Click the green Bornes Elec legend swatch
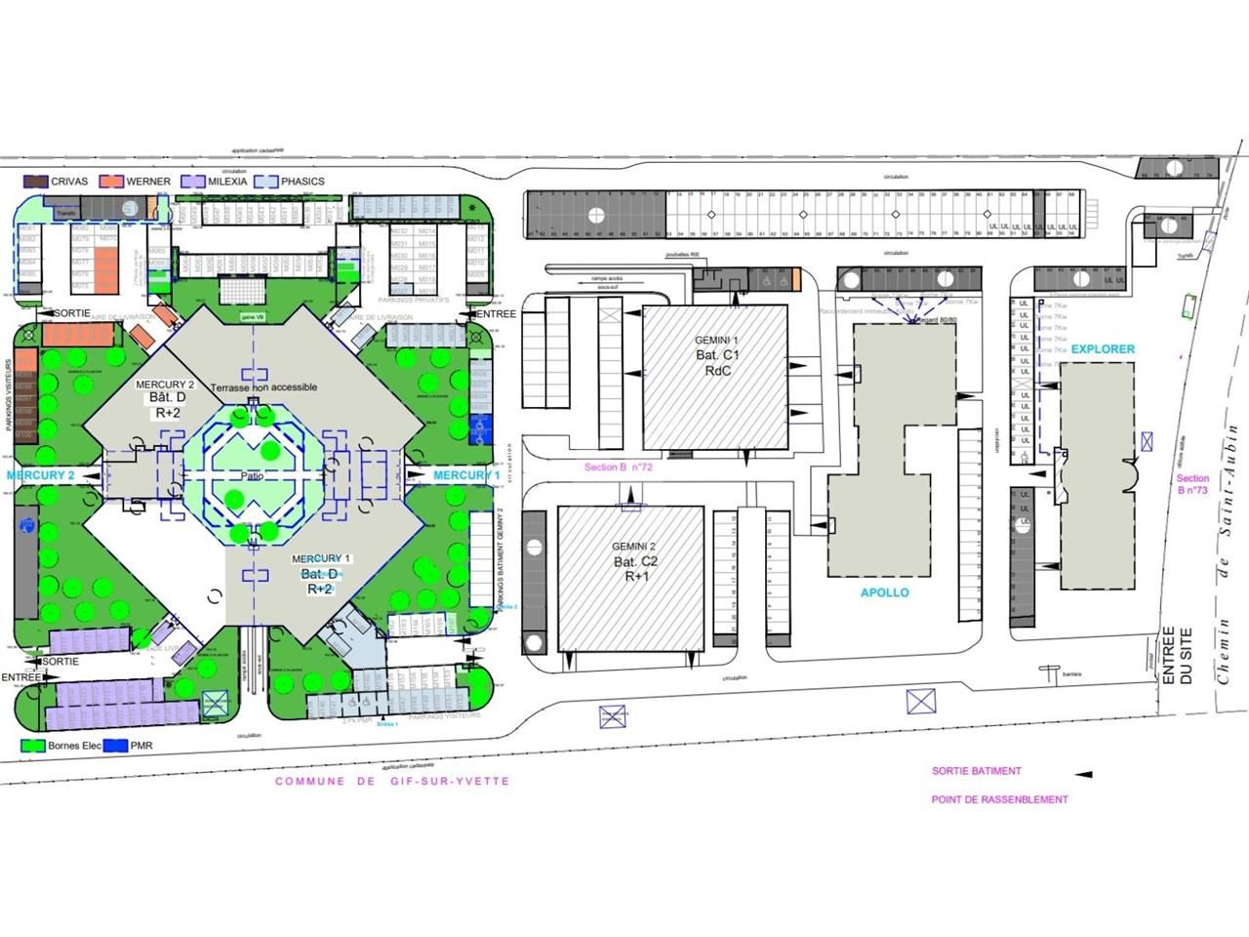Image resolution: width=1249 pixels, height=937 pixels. (x=33, y=746)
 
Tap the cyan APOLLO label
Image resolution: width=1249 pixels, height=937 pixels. (x=884, y=592)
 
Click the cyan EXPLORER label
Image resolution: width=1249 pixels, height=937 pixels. (x=1103, y=348)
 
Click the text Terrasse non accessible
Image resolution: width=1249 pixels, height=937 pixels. (x=263, y=387)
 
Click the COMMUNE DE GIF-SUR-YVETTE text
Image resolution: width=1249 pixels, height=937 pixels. (x=392, y=782)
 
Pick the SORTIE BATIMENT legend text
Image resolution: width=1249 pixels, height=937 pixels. (x=976, y=771)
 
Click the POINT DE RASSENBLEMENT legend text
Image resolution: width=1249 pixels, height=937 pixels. (x=999, y=799)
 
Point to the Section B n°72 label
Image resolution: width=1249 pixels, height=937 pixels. (x=618, y=468)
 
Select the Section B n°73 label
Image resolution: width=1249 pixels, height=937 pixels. (x=1192, y=484)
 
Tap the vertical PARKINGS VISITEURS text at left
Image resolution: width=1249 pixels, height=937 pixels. (x=9, y=401)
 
